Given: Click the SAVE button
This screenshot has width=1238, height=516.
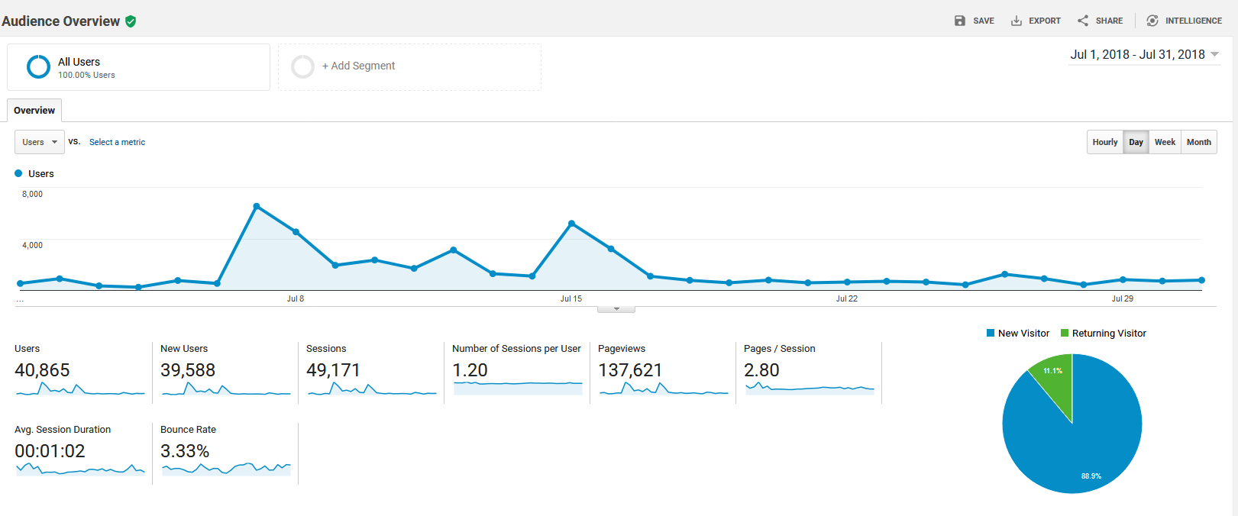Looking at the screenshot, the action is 974,21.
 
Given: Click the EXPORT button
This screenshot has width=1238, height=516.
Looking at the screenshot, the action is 1036,21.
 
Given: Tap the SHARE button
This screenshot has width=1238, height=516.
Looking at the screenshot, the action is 1100,21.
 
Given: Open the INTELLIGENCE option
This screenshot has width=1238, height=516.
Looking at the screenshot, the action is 1184,21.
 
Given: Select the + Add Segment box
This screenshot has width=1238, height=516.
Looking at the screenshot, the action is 409,67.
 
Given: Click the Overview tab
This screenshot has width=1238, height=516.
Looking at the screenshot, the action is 34,111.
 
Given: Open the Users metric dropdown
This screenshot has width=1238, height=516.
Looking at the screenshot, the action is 40,142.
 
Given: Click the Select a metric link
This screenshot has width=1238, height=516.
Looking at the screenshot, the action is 117,142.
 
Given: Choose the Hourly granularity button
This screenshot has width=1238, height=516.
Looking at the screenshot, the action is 1105,142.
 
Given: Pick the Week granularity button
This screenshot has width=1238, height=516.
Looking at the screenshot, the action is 1165,142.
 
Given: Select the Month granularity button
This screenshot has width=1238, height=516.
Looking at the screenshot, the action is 1199,142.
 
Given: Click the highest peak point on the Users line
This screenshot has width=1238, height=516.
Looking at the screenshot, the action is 257,206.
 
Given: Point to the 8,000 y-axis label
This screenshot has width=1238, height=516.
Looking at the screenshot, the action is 32,194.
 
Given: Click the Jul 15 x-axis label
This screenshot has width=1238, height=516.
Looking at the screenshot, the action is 571,298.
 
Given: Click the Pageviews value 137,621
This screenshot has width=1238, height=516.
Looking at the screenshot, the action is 630,370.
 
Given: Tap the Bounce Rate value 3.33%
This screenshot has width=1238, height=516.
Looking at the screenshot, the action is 185,451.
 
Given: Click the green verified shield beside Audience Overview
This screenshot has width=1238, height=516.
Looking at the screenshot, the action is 131,21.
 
